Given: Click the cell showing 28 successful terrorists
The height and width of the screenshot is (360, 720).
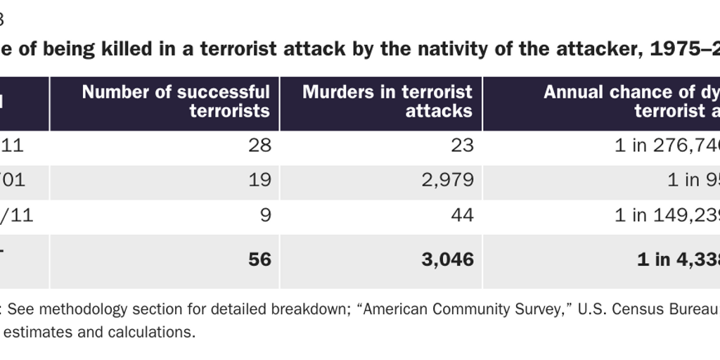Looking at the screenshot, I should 259,146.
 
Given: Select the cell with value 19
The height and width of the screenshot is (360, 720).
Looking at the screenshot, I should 259,180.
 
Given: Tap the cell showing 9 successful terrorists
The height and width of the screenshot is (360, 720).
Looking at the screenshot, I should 265,214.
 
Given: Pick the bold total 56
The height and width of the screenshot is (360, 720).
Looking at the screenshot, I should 259,259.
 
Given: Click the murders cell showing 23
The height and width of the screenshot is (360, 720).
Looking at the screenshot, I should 462,146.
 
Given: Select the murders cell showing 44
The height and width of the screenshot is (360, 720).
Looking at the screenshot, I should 462,214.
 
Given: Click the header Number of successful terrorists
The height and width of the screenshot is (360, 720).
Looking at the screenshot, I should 176,101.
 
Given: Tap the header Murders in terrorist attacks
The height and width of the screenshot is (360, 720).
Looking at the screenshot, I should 387,101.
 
